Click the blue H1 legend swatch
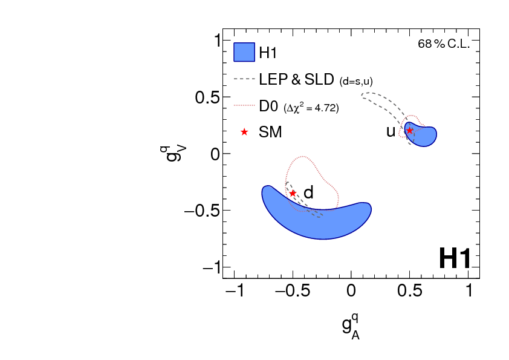click(x=244, y=52)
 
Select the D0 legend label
click(x=268, y=106)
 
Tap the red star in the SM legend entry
click(x=244, y=132)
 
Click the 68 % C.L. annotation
click(x=443, y=44)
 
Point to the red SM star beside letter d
click(x=293, y=193)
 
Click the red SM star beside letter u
click(x=410, y=131)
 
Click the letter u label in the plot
click(x=391, y=131)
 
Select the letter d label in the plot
click(x=308, y=193)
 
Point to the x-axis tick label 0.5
click(x=410, y=291)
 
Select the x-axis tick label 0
click(x=351, y=291)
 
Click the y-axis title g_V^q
click(x=174, y=154)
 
